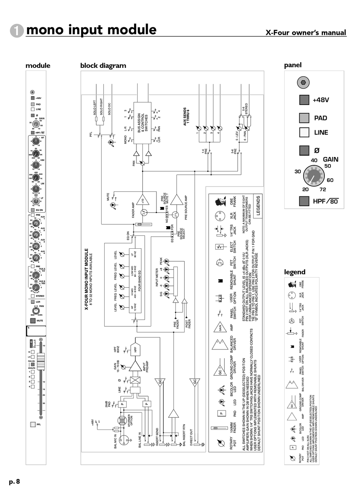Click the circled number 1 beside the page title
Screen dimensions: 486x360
coord(17,30)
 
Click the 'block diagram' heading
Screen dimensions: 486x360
coord(103,66)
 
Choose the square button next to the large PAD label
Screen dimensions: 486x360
coord(304,118)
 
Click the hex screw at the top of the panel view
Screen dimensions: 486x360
coord(304,82)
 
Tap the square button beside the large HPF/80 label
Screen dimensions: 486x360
coord(304,201)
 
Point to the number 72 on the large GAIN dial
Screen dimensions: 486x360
coord(323,189)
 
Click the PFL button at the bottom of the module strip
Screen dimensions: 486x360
coord(33,424)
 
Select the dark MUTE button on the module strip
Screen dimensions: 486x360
coord(33,320)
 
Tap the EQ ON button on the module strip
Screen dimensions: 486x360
coord(33,210)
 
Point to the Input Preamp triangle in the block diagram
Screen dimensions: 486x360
coord(135,366)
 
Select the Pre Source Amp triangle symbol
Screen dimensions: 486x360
coord(176,200)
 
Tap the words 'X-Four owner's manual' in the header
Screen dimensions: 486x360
coord(306,33)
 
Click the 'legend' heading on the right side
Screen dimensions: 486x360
coord(294,272)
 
